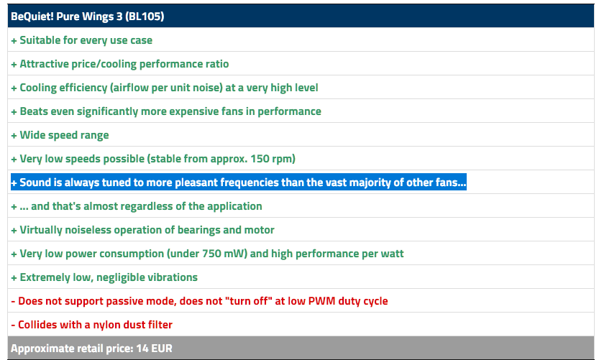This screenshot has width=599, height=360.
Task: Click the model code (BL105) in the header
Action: (x=145, y=17)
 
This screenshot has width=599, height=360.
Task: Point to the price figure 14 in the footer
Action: (x=142, y=349)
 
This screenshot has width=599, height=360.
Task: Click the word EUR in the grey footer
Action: (x=162, y=349)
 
